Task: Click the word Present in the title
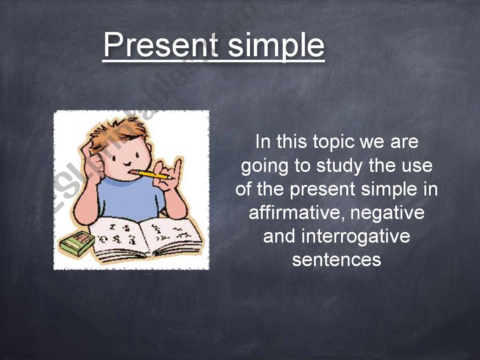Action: [x=161, y=44]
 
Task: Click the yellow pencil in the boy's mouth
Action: [x=151, y=174]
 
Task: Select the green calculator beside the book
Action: [x=76, y=243]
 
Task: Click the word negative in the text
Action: [x=387, y=213]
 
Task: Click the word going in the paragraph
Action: [x=264, y=167]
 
